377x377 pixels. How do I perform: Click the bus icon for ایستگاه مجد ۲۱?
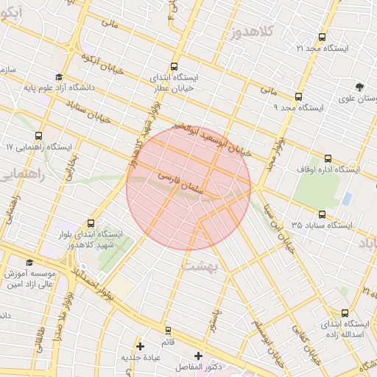[322, 38]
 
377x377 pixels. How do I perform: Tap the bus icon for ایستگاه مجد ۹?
[298, 96]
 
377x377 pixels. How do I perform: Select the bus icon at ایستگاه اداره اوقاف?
[328, 158]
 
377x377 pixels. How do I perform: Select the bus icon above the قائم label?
[168, 330]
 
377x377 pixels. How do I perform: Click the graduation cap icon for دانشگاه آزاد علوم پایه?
[58, 77]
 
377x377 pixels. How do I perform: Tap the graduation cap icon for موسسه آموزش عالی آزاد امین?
[29, 262]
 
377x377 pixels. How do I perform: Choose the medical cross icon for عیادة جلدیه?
[140, 345]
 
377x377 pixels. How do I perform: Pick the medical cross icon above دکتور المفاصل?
[198, 356]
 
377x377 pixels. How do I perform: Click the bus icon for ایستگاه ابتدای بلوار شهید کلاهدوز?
[91, 223]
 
